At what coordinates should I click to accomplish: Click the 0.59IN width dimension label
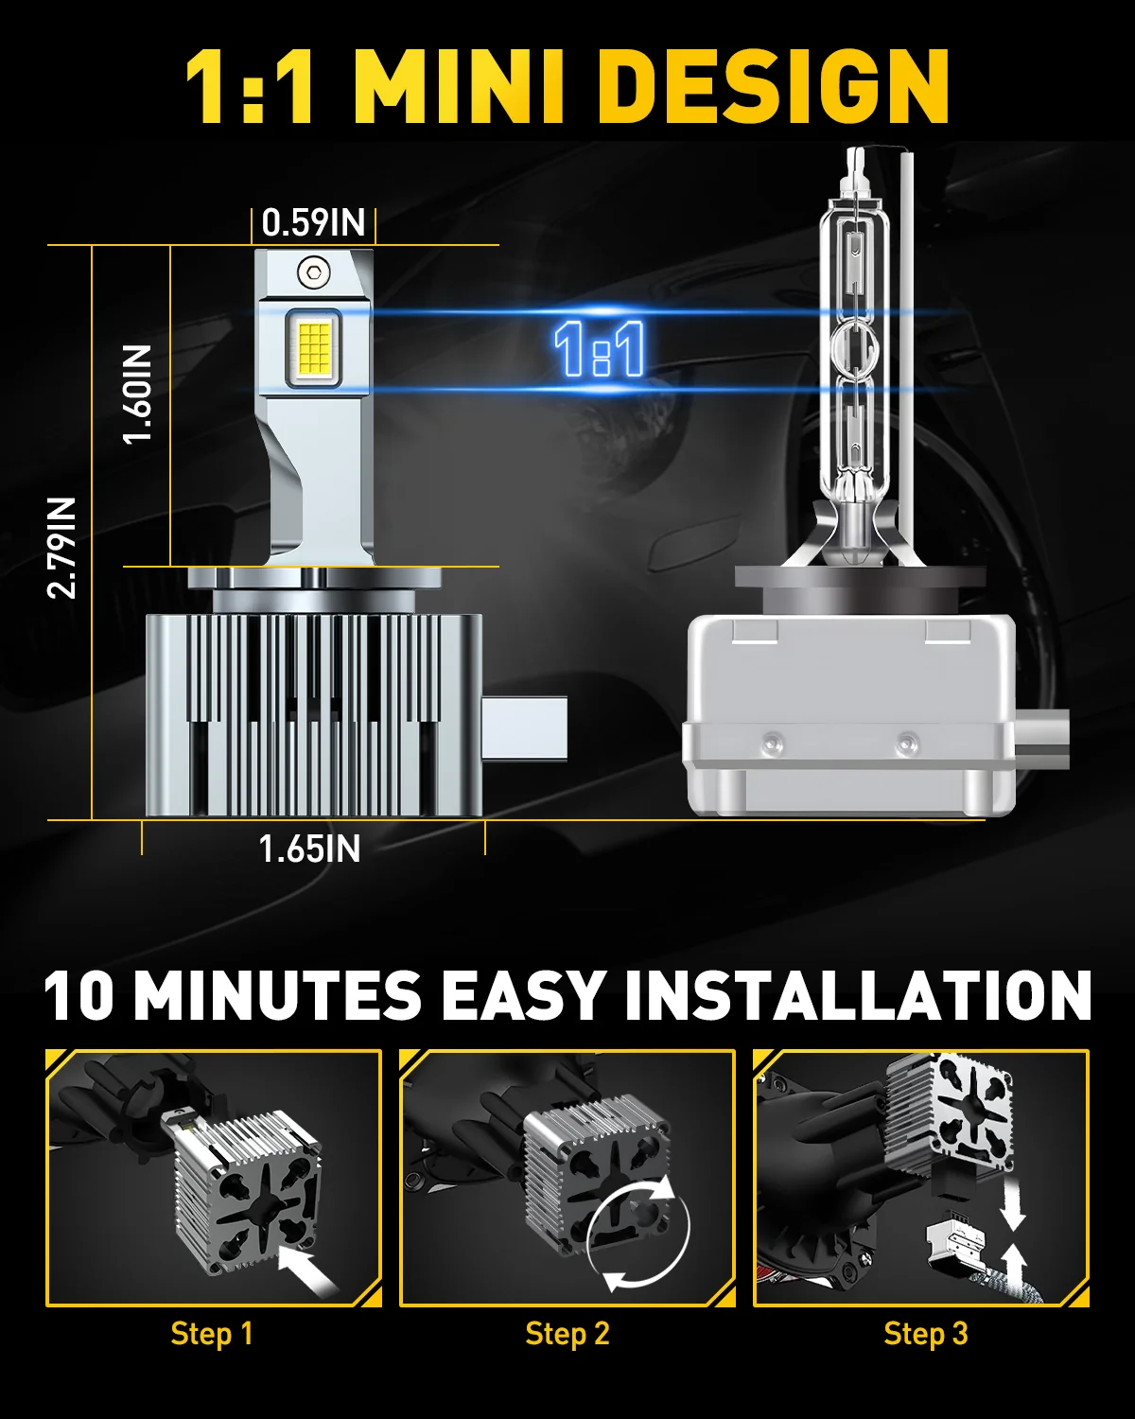coord(313,223)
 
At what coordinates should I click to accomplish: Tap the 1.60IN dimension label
coord(138,394)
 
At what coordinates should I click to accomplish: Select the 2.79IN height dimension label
coord(61,548)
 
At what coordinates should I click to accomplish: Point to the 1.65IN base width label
coord(309,849)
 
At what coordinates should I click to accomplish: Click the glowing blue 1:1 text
coord(600,349)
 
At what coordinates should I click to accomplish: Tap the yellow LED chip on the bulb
coord(314,347)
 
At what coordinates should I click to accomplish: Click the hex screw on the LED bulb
coord(314,272)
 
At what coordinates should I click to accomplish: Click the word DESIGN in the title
coord(775,86)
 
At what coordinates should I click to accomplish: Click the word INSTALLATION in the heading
coord(858,995)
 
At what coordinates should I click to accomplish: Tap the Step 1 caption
coord(212,1333)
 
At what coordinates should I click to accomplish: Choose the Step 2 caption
coord(567,1333)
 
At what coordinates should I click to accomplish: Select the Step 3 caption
coord(925,1333)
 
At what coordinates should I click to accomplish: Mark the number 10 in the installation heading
coord(79,995)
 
